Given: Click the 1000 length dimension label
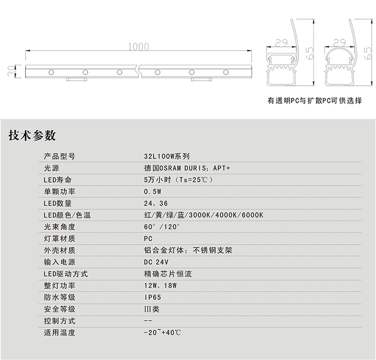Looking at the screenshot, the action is coord(138,47).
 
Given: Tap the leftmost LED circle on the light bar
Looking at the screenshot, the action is coord(51,72).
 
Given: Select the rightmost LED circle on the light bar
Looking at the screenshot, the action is coord(226,72).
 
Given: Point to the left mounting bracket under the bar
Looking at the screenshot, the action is coord(77,79).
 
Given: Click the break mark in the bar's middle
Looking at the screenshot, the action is coord(139,71).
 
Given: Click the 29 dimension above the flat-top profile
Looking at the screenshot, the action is coord(281,43).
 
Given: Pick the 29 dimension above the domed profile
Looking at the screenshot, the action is coord(339,43).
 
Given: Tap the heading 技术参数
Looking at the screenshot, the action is coord(32,135).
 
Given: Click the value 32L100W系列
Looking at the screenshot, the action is coord(167,156).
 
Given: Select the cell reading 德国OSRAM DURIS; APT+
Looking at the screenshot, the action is coord(187,168).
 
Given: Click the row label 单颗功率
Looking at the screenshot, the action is coord(60,192).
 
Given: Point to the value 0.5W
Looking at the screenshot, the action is coord(153,192).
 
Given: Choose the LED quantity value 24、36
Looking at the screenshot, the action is coord(156,203).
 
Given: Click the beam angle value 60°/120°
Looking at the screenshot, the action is coord(162,227).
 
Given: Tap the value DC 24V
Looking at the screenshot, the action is coord(156,262).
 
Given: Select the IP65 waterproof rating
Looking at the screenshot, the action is coord(152,297).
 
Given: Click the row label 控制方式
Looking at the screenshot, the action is coord(60,321).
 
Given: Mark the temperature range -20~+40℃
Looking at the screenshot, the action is coord(162,332).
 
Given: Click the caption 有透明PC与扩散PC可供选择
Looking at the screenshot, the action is coord(315,100).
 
